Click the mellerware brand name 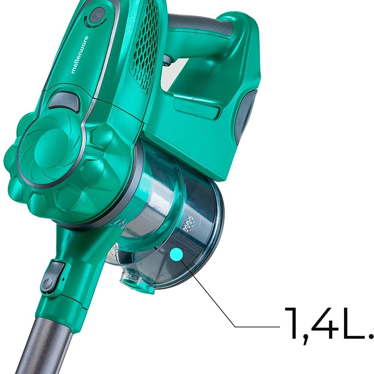(x=80, y=55)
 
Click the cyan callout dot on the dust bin (x=177, y=255)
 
